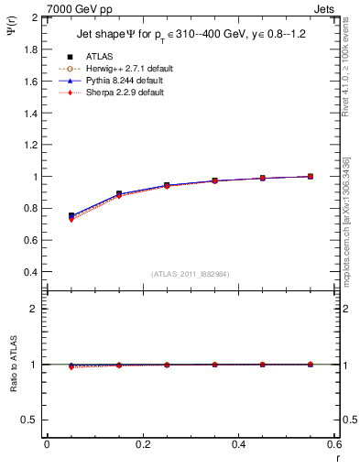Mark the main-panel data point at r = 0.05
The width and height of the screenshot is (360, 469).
coord(71,215)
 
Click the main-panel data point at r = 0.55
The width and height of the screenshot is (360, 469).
coord(311,176)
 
